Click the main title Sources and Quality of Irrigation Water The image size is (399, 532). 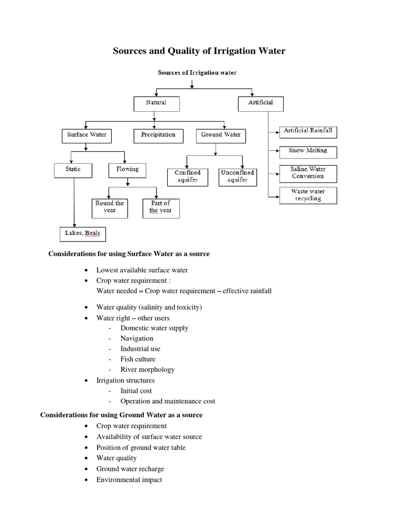click(199, 51)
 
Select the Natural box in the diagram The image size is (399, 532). click(156, 103)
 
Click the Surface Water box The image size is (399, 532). click(87, 135)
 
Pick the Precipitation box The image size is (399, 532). click(158, 135)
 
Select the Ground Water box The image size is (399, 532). click(221, 135)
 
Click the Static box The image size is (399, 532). click(74, 170)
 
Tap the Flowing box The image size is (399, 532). click(127, 170)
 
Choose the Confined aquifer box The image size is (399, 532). click(188, 177)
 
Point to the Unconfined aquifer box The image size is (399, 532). click(237, 177)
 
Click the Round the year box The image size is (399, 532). click(110, 207)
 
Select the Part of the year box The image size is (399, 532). click(160, 207)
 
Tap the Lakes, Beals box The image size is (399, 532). click(82, 234)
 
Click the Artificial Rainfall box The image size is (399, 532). click(308, 131)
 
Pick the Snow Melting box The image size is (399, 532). click(308, 152)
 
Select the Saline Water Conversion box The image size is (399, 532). click(308, 173)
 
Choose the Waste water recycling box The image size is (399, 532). click(308, 195)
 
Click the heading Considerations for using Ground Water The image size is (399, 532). click(122, 415)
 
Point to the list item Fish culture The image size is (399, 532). click(138, 359)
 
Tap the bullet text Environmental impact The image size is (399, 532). click(129, 480)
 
